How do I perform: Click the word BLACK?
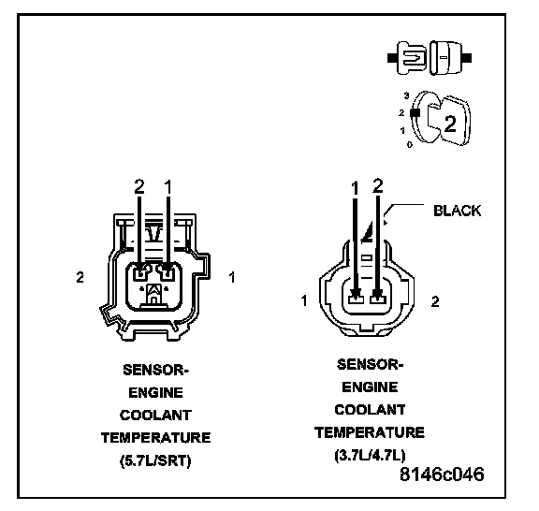(457, 211)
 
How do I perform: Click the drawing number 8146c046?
(442, 474)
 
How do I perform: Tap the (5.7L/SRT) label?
(155, 460)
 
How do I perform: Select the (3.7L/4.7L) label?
(370, 455)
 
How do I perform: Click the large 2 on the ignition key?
(450, 124)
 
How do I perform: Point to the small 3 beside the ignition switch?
(407, 96)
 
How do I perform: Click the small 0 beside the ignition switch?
(410, 145)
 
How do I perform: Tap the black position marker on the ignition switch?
(415, 113)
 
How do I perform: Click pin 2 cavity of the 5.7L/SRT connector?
(140, 273)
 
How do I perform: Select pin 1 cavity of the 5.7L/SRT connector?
(168, 273)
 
